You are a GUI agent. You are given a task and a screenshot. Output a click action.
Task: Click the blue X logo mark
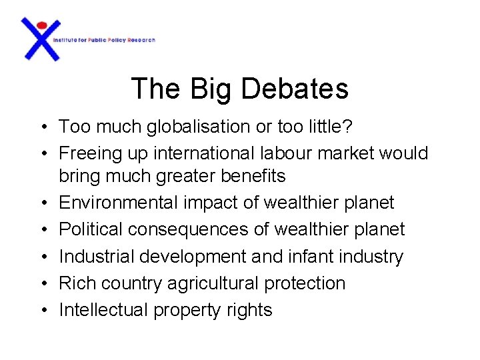41,41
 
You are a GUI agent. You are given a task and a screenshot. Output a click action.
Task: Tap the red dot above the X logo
41,25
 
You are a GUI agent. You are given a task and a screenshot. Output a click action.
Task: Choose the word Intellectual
103,310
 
